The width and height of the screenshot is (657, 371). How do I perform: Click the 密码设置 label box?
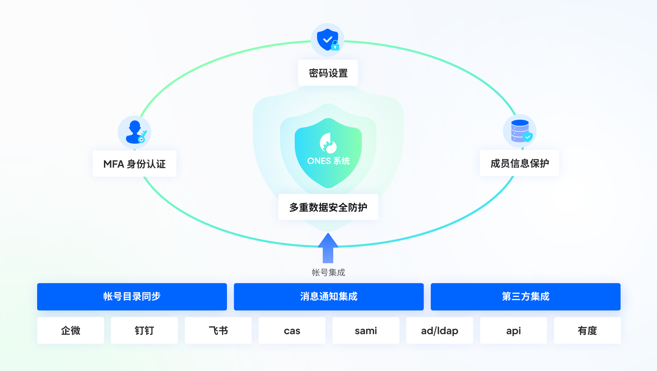[328, 73]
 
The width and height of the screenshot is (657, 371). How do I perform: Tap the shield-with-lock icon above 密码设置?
[327, 40]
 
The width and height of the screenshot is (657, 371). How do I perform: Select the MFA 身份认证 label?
[134, 164]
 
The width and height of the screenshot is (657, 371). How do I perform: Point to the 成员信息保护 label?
[519, 163]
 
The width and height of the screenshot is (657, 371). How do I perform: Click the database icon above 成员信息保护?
[520, 131]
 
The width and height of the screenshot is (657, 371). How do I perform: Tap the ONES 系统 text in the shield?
[328, 161]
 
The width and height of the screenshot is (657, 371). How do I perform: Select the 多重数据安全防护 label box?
[328, 207]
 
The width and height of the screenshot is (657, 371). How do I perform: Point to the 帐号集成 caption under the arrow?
[328, 272]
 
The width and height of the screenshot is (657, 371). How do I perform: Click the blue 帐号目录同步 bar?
[132, 296]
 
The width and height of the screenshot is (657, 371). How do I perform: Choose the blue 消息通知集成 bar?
[328, 296]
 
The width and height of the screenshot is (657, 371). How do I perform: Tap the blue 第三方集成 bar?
[525, 296]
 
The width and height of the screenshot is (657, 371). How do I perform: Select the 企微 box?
[71, 330]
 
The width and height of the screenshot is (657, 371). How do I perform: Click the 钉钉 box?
[144, 330]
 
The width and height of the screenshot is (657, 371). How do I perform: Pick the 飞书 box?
[218, 330]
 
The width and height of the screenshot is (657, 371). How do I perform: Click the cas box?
[292, 330]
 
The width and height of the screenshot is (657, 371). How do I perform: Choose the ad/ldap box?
[440, 330]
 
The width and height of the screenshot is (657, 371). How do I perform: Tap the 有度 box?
[587, 330]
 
